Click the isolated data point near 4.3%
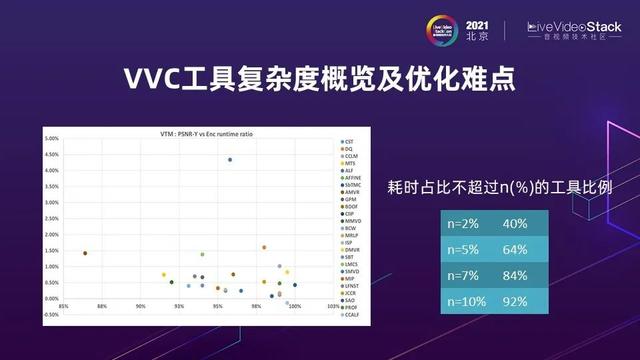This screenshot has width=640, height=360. pyautogui.click(x=230, y=159)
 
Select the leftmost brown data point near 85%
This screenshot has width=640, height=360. pyautogui.click(x=85, y=253)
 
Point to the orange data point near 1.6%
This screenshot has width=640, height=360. pyautogui.click(x=264, y=247)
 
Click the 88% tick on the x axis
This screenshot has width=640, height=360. pyautogui.click(x=102, y=320)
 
